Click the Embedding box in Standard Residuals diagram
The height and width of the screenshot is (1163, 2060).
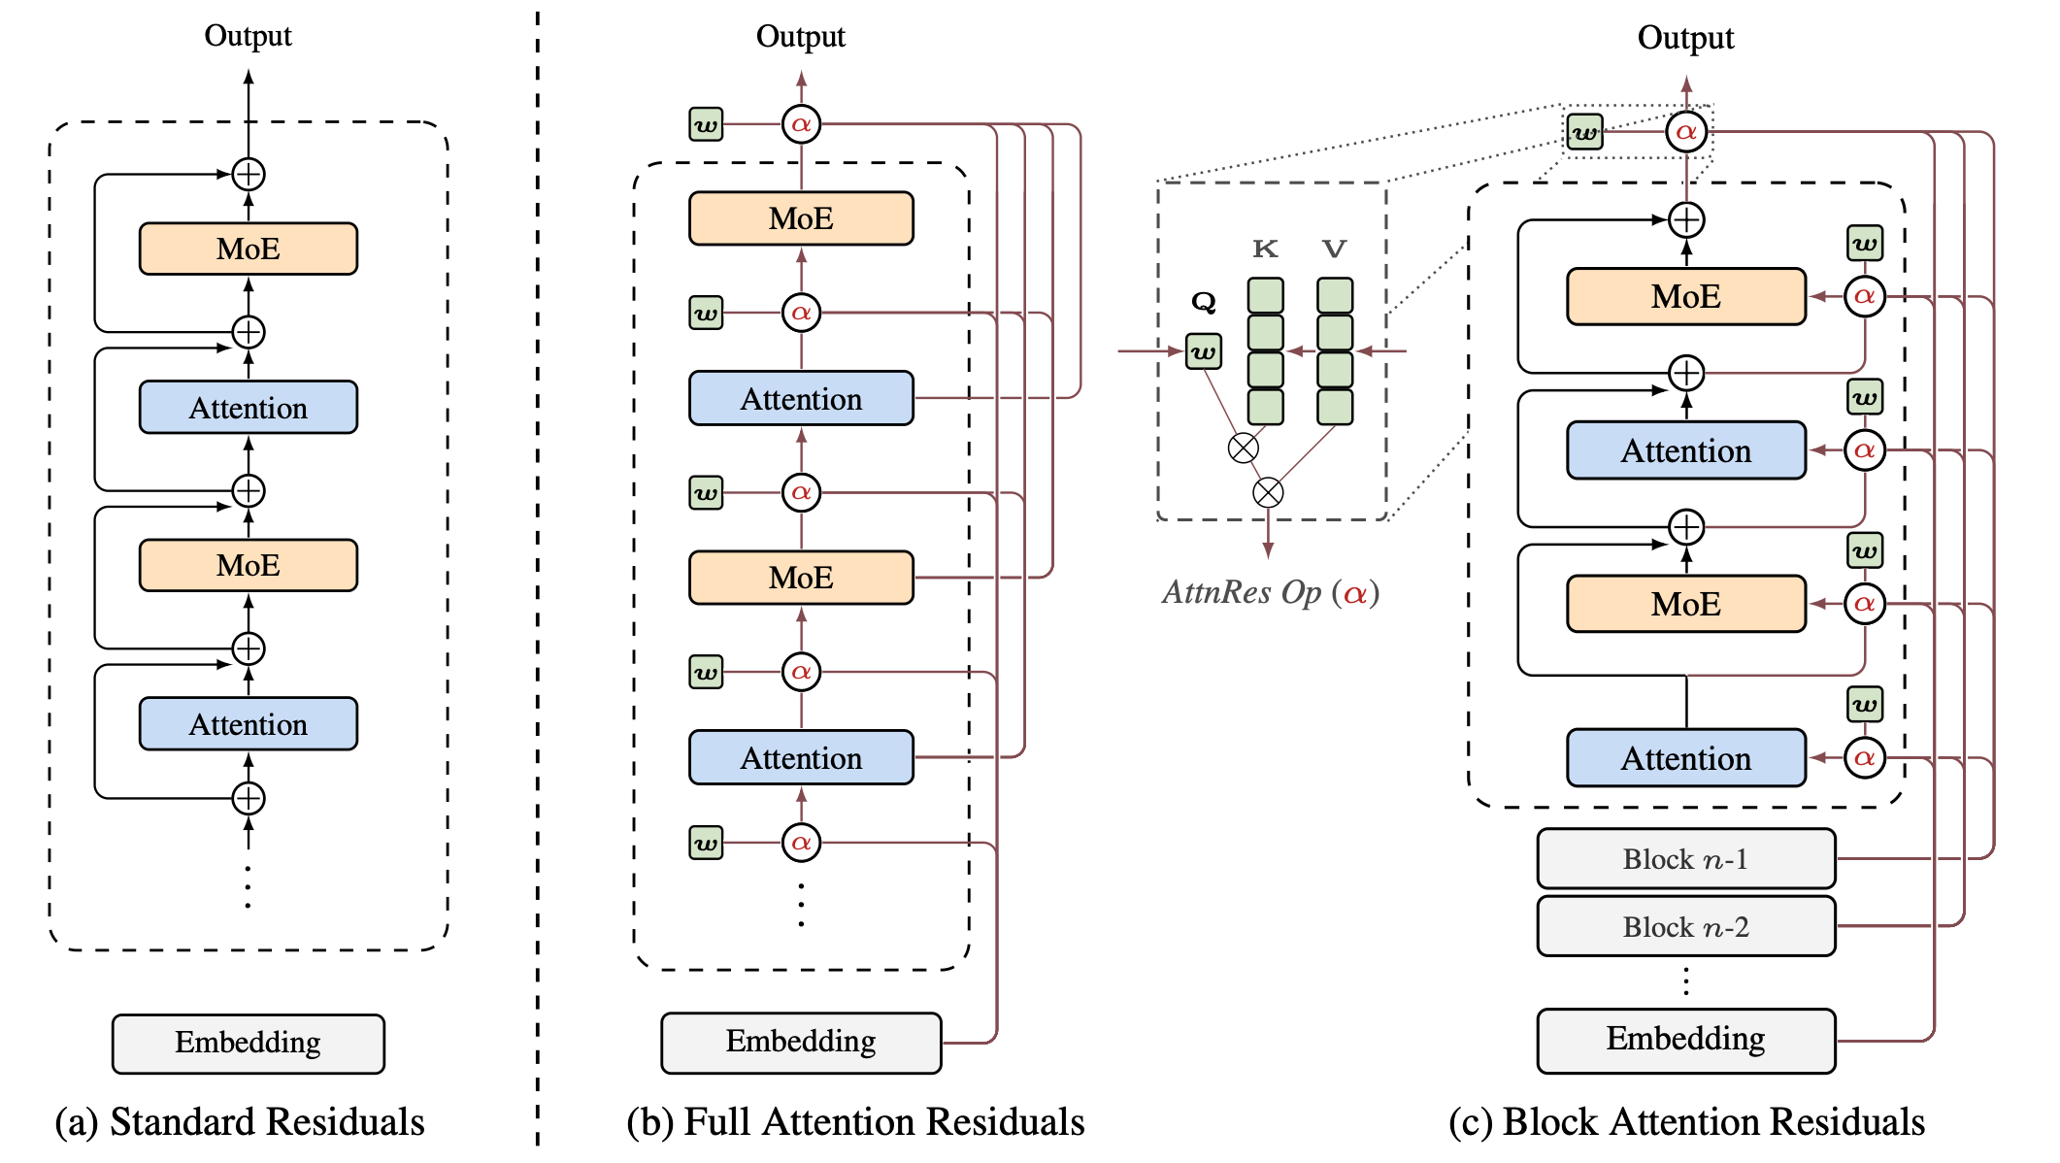coord(248,1044)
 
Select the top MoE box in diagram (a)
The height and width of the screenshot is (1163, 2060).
coord(248,249)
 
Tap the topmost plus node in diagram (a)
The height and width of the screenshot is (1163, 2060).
coord(249,175)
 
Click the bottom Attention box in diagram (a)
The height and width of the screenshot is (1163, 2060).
coord(248,724)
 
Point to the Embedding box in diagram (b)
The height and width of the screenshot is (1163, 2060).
coord(801,1043)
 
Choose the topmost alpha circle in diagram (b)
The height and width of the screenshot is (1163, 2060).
coord(801,124)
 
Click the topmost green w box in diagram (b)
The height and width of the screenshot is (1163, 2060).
coord(706,124)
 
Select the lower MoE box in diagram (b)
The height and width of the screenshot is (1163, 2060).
coord(801,578)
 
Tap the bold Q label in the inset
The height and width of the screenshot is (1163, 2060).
coord(1203,303)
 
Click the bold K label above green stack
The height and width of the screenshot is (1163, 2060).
coord(1265,249)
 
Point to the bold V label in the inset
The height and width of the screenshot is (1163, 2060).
coord(1335,249)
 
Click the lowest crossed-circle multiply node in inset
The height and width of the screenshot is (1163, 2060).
coord(1268,492)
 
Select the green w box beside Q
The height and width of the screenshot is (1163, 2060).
coord(1203,351)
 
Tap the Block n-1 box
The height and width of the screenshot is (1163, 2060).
coord(1685,859)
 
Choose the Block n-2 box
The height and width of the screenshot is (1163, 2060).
coord(1685,927)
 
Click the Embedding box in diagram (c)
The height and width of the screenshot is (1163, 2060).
coord(1685,1040)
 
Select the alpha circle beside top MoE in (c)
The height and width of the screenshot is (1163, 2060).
coord(1864,296)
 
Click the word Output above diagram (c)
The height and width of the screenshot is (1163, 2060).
coord(1685,38)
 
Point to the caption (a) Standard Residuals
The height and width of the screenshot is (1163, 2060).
coord(240,1122)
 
